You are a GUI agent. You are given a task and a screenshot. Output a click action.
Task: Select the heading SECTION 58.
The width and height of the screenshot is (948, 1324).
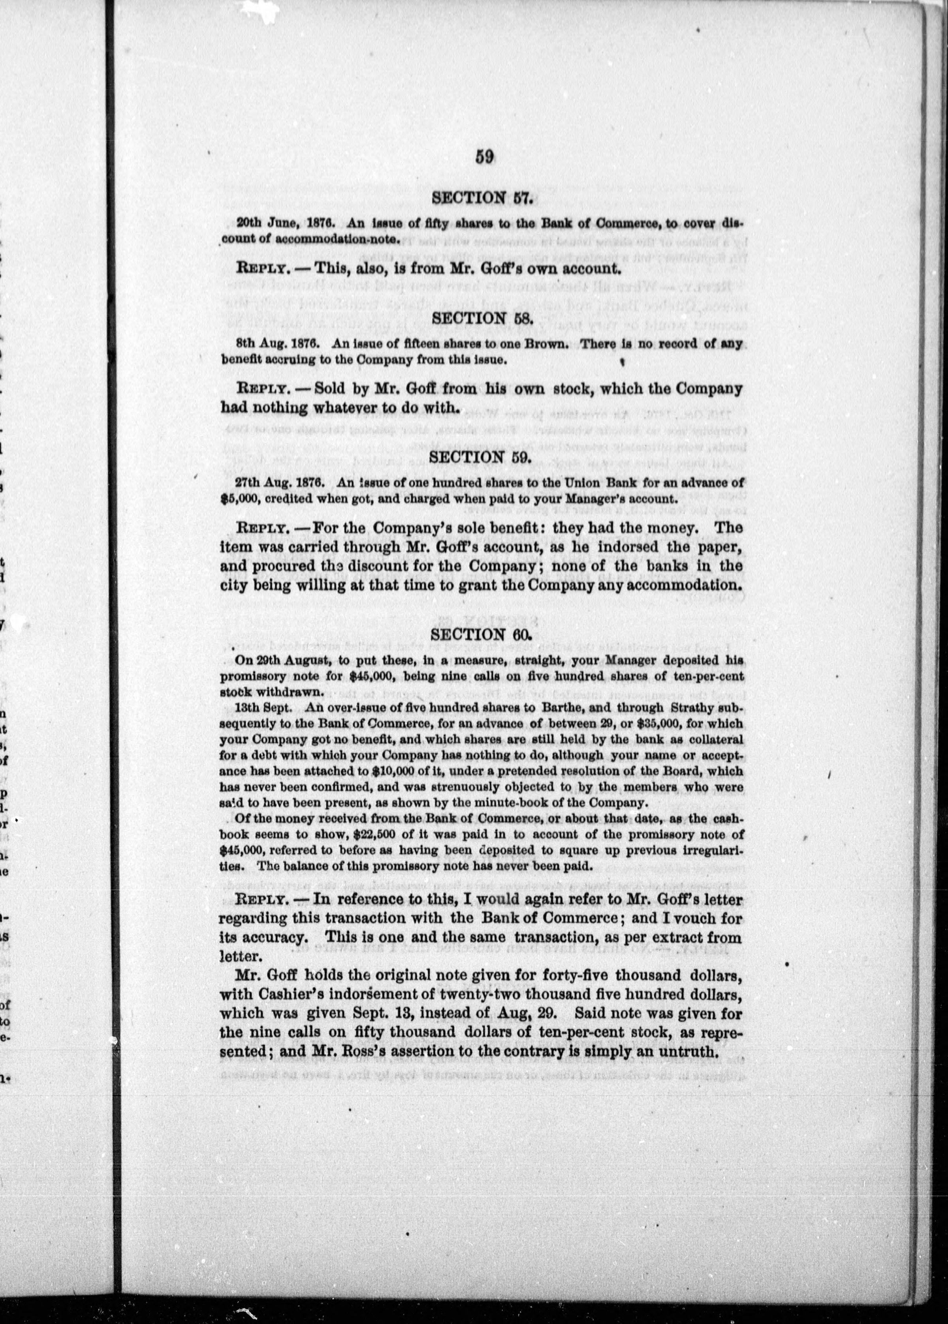click(x=482, y=319)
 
